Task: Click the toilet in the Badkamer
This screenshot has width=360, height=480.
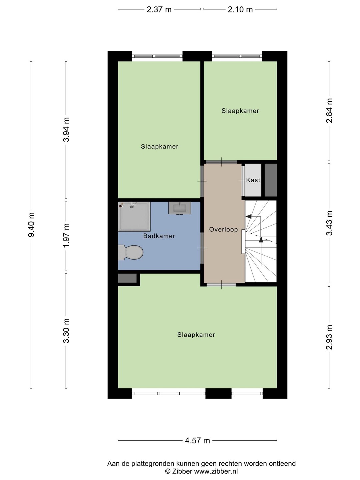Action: [130, 252]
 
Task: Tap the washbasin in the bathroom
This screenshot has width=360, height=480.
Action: [180, 208]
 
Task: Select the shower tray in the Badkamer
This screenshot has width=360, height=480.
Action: [134, 216]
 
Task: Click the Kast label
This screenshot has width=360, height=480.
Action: [253, 180]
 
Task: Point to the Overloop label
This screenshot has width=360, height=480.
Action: [223, 229]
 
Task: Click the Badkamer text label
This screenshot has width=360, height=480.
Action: [159, 236]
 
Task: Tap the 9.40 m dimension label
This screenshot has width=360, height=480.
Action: [31, 225]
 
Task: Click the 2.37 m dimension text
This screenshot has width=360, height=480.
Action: [159, 10]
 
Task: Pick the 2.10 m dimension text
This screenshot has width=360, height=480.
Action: [240, 10]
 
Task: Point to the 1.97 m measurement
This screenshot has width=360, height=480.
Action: [66, 236]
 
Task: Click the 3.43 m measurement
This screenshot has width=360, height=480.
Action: [329, 223]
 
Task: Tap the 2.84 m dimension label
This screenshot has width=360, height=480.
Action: [329, 111]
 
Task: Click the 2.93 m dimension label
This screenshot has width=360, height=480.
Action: [329, 337]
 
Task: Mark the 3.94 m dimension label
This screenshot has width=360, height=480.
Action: [66, 129]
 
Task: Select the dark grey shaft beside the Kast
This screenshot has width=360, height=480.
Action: [271, 180]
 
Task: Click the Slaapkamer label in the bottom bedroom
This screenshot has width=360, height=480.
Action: [196, 335]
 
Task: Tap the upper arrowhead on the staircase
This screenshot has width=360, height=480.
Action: [248, 216]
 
